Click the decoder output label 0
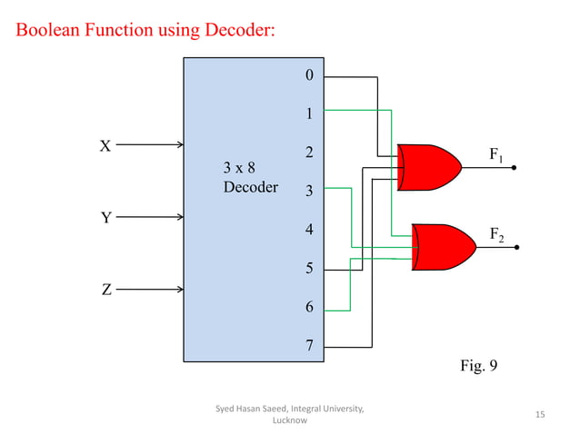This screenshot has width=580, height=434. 309,75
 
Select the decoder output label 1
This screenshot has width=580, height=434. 309,114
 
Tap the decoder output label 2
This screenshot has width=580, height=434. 309,153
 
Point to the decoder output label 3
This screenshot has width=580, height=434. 309,192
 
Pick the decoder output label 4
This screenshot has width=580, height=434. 309,230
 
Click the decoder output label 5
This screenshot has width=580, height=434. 309,269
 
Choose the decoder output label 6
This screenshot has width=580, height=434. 309,307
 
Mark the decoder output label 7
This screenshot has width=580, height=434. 309,346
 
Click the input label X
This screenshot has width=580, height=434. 105,145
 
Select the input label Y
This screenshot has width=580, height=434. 105,218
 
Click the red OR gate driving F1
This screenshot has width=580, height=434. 427,167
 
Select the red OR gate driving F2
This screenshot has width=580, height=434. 443,246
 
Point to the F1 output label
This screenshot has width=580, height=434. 496,155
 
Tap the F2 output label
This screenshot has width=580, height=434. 497,235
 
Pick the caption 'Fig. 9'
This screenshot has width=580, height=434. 479,367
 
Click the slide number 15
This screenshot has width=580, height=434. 540,415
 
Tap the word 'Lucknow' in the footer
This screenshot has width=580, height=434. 289,421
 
